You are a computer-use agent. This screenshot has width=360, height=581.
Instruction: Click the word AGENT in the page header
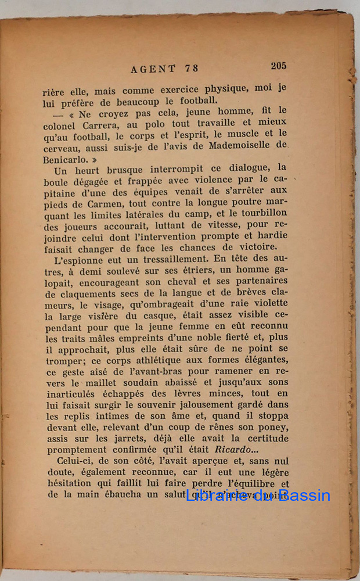point(153,69)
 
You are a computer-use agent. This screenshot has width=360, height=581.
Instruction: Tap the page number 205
point(278,66)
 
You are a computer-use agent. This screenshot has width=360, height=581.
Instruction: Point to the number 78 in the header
point(191,69)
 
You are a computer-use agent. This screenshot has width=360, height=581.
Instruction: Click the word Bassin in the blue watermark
point(303,496)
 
